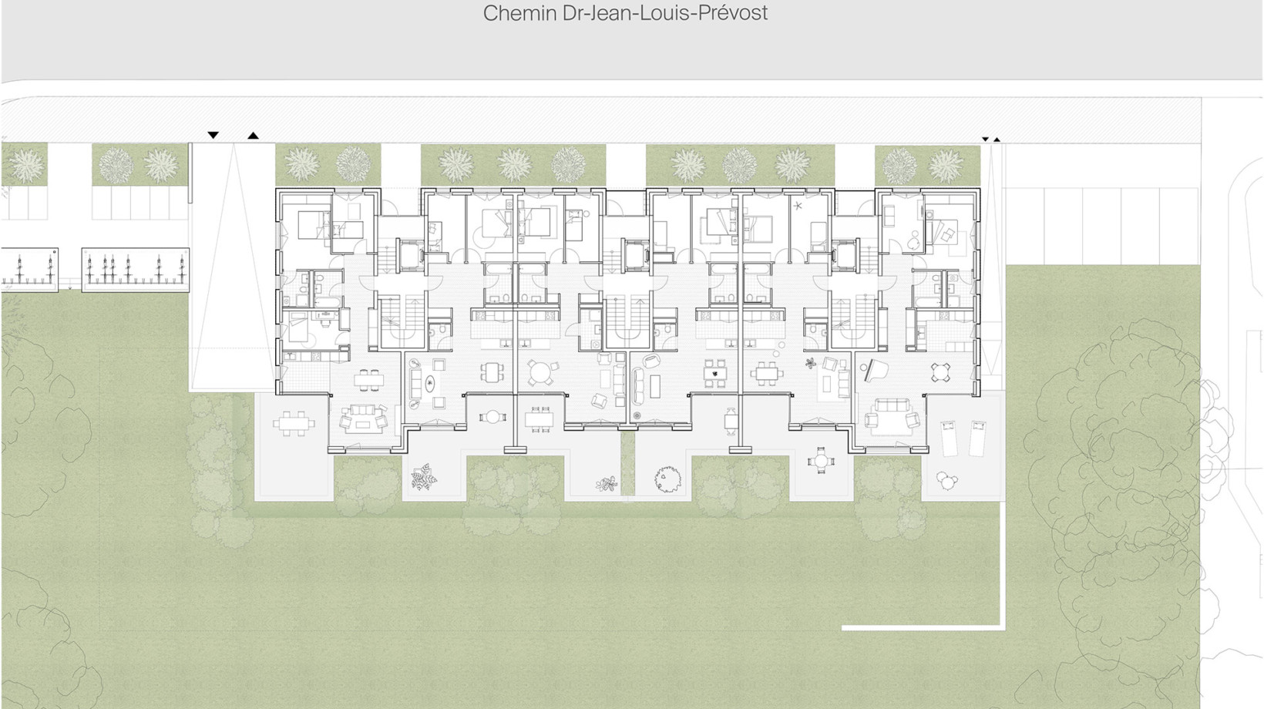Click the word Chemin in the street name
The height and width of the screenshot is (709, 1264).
point(520,13)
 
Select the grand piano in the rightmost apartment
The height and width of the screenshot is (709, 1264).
point(874,370)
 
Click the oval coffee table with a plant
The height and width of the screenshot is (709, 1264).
point(431,384)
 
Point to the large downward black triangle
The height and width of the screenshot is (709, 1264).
point(213,135)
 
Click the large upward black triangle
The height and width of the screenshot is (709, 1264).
point(253,135)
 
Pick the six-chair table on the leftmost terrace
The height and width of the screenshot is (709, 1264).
point(294,423)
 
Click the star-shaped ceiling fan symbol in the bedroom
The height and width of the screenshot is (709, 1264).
point(798,207)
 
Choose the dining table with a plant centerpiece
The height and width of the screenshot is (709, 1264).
point(715,373)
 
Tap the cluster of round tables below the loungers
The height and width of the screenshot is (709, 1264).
point(946,481)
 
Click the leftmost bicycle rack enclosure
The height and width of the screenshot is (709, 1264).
point(29,270)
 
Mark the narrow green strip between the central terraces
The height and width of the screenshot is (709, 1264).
point(627,463)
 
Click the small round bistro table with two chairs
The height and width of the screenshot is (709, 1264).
point(492,417)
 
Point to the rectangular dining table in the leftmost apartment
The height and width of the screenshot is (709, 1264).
point(369,380)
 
